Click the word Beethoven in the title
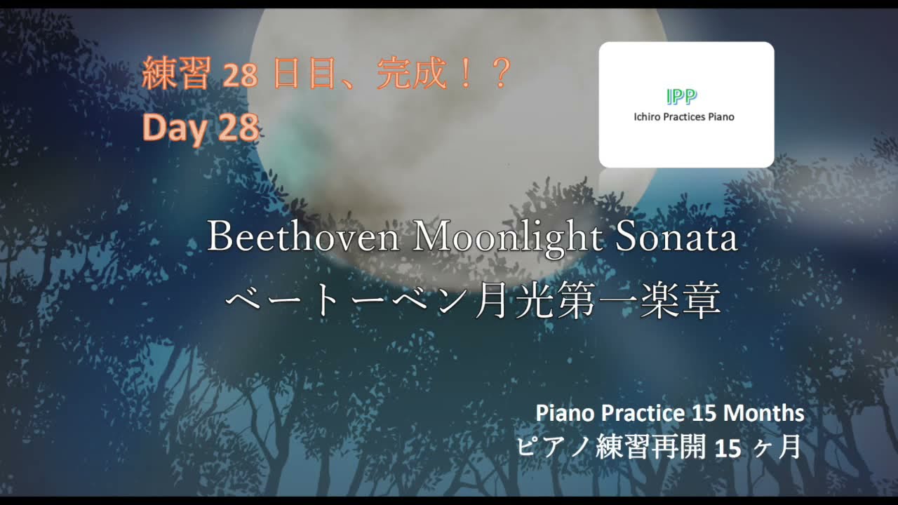(303, 238)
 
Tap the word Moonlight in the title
(507, 238)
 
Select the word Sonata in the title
(676, 238)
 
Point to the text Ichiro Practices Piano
(684, 117)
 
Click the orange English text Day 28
(201, 128)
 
